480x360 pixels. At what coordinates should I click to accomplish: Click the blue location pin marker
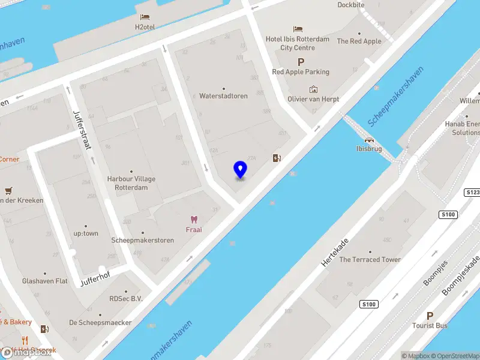click(241, 170)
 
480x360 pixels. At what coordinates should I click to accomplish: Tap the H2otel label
click(145, 27)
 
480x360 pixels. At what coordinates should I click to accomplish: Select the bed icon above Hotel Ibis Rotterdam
click(298, 29)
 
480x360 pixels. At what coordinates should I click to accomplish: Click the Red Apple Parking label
click(301, 72)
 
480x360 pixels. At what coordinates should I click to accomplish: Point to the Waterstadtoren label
click(223, 96)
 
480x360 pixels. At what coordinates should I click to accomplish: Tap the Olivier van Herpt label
click(313, 99)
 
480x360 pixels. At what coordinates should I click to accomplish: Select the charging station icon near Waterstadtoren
click(277, 158)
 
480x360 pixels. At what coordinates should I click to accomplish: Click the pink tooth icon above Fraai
click(193, 220)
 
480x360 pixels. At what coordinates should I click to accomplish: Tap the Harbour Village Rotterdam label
click(131, 183)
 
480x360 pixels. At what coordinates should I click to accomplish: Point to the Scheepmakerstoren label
click(143, 241)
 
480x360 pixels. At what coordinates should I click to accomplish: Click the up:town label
click(86, 233)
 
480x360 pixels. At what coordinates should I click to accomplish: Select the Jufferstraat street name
click(80, 130)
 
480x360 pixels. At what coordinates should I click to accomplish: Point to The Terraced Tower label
click(370, 260)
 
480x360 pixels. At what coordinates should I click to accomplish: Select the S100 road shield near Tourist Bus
click(368, 305)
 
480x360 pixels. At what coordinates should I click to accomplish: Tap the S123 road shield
click(472, 192)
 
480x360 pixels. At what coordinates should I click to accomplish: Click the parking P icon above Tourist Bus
click(430, 316)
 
